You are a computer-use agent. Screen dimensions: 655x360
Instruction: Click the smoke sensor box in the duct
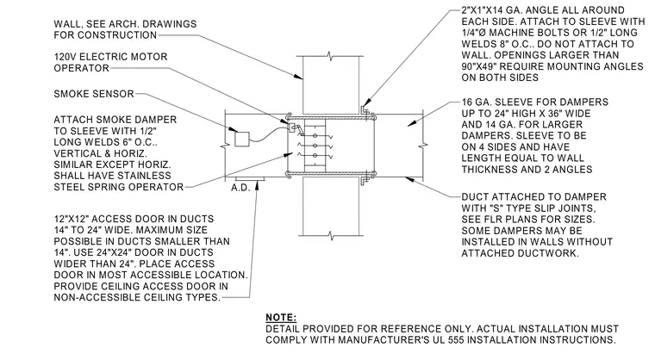coord(242,139)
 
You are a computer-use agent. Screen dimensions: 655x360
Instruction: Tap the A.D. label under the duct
coord(240,188)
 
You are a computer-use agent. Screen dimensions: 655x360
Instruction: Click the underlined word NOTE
coord(281,318)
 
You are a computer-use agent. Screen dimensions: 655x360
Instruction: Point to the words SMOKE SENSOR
coord(94,94)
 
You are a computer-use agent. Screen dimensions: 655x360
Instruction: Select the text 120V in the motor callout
coord(65,57)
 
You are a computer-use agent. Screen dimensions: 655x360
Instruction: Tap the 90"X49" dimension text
coord(480,66)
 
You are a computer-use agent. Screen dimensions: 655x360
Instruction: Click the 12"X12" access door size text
coord(72,219)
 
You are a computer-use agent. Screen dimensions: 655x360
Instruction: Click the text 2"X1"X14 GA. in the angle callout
coord(494,10)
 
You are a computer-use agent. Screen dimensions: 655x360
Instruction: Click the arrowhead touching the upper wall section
coord(298,77)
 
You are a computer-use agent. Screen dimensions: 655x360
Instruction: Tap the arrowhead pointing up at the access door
coord(258,184)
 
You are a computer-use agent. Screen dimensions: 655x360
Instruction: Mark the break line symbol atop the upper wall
coord(330,55)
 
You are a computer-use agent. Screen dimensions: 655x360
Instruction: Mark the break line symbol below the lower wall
coord(330,236)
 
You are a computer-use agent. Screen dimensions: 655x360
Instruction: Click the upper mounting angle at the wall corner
coord(365,109)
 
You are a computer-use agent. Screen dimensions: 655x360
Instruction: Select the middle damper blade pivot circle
coord(315,146)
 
